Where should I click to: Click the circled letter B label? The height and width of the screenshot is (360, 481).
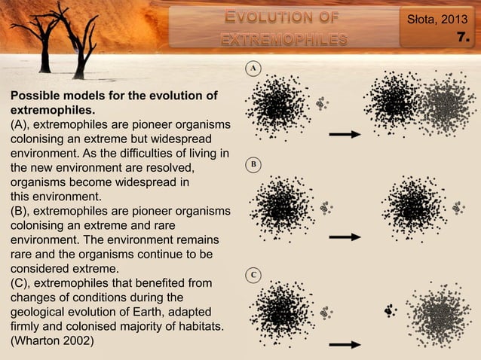pyautogui.click(x=254, y=163)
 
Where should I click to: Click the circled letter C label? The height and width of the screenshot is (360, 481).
pyautogui.click(x=254, y=275)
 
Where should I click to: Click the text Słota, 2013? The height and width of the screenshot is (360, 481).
pyautogui.click(x=437, y=17)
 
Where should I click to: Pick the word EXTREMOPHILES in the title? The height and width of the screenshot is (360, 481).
pyautogui.click(x=283, y=38)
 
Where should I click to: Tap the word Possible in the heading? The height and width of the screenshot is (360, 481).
pyautogui.click(x=34, y=96)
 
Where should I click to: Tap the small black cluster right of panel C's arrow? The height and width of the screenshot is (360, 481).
pyautogui.click(x=390, y=309)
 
